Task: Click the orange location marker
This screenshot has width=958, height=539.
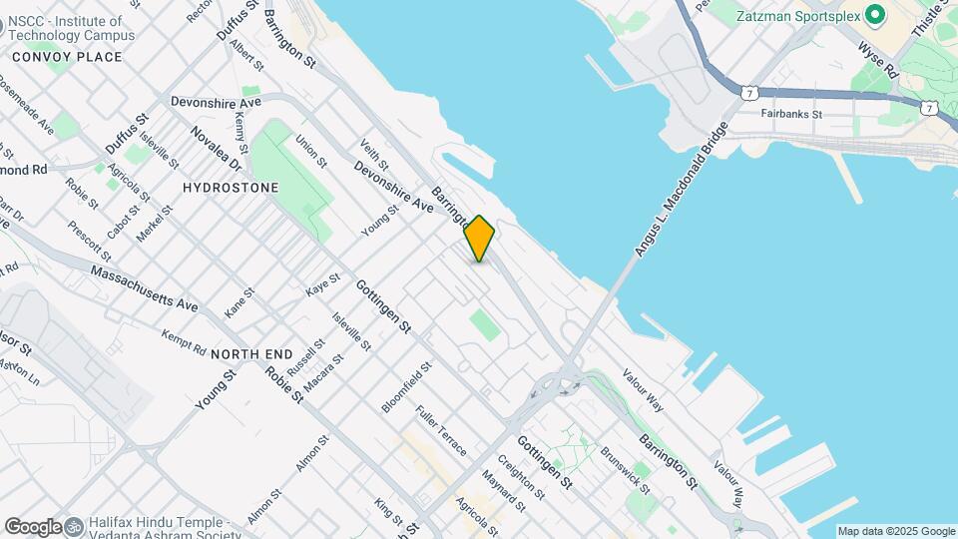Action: [480, 239]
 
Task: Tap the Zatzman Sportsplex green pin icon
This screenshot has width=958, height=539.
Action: [875, 15]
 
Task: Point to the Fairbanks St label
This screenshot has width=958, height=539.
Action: [790, 115]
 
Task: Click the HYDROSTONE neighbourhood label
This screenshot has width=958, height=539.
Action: [231, 187]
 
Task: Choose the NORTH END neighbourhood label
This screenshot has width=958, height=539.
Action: [251, 354]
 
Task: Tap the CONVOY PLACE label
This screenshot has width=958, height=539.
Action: [67, 57]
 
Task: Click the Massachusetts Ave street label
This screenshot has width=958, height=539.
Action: [144, 287]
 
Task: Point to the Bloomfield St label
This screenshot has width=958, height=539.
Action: [406, 387]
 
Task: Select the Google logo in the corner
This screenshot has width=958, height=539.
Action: [33, 526]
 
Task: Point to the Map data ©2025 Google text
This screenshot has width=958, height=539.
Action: [896, 531]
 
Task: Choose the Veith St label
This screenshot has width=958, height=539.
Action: [374, 159]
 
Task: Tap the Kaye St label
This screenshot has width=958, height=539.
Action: [318, 287]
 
